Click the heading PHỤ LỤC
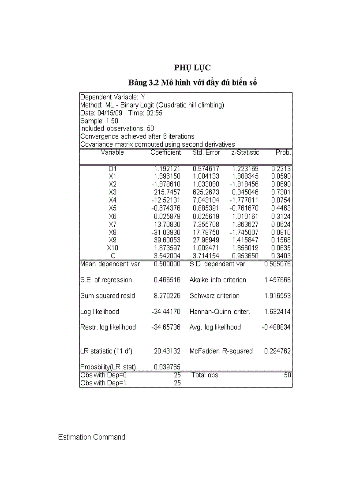(192, 67)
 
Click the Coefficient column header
(165, 153)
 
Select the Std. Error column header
(206, 153)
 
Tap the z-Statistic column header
(245, 153)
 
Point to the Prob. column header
(283, 153)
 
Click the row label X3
(112, 192)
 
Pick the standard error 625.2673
(206, 192)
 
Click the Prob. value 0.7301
(281, 192)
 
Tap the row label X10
(112, 248)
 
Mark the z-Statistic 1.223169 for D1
(245, 168)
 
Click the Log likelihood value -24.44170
(165, 312)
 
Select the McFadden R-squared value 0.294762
(277, 351)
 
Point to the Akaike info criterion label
(218, 280)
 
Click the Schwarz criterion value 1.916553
(277, 296)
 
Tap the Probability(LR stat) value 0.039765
(167, 367)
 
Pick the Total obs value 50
(287, 375)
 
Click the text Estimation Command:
(93, 437)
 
